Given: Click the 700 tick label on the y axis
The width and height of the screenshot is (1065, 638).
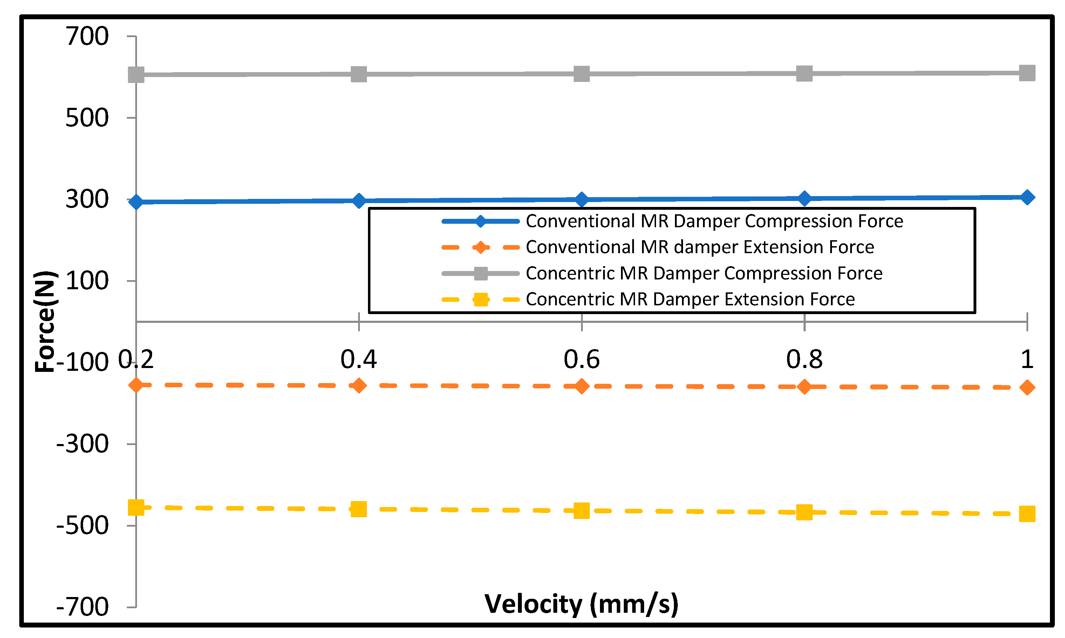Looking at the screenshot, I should [87, 36].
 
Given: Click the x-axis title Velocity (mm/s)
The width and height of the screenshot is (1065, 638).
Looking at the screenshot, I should [581, 604].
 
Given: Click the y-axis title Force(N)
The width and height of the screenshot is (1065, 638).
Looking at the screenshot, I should [46, 321].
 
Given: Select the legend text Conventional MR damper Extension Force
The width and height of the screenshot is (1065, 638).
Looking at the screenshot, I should [700, 247].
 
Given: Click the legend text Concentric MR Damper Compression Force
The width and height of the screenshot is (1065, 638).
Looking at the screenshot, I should [704, 273].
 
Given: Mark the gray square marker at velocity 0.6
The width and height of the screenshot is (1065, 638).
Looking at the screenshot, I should [581, 74].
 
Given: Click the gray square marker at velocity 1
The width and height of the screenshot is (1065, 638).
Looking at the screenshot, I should [1027, 73].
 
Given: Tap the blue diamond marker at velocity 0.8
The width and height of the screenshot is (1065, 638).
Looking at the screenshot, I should [804, 199].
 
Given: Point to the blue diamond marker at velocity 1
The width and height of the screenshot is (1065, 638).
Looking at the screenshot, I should [1027, 197].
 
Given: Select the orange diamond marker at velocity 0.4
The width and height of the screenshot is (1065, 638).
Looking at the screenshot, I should [359, 386].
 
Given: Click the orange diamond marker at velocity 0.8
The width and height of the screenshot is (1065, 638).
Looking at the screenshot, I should [804, 387].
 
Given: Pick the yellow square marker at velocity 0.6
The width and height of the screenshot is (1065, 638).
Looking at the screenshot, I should [581, 511].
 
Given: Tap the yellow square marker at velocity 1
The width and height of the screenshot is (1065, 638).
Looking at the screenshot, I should [1027, 514].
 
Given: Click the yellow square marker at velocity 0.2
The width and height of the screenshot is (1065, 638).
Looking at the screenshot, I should [136, 508].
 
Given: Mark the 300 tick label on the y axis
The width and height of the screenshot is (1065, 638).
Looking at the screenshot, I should [87, 200].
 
